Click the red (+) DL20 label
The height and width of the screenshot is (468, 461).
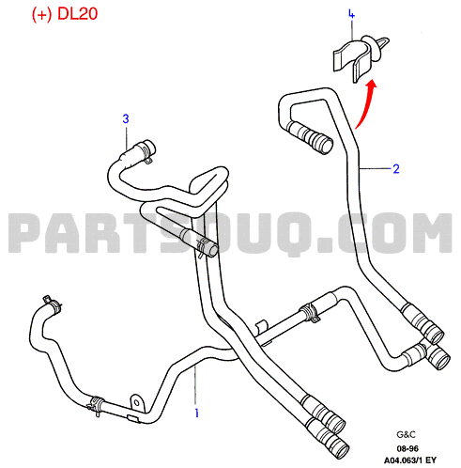pyautogui.click(x=65, y=14)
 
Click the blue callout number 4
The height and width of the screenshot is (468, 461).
pyautogui.click(x=351, y=14)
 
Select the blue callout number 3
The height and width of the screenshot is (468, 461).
pyautogui.click(x=126, y=118)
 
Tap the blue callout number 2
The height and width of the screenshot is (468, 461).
pyautogui.click(x=396, y=169)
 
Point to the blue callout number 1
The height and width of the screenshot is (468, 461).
pyautogui.click(x=196, y=413)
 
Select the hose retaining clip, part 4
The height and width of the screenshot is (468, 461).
pyautogui.click(x=360, y=58)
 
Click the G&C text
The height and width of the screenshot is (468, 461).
pyautogui.click(x=406, y=435)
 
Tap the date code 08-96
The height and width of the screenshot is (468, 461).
pyautogui.click(x=407, y=449)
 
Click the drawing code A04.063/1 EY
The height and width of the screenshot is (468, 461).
pyautogui.click(x=410, y=460)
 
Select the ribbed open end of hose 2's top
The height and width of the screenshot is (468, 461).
pyautogui.click(x=310, y=137)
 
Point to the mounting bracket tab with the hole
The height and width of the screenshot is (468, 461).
pyautogui.click(x=137, y=402)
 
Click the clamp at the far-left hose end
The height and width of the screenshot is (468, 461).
pyautogui.click(x=53, y=304)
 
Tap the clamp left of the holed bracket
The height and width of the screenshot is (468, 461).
pyautogui.click(x=97, y=405)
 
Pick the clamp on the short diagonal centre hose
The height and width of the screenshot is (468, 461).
pyautogui.click(x=203, y=245)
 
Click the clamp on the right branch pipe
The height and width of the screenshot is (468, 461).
pyautogui.click(x=310, y=312)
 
